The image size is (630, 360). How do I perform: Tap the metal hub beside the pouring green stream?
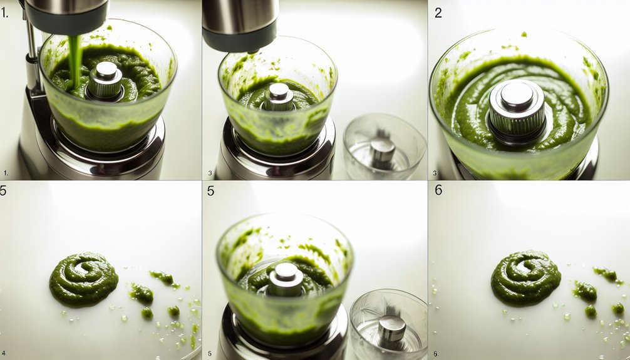[106, 81]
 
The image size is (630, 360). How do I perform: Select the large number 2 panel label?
[438, 13]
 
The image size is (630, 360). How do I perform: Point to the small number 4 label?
[4, 354]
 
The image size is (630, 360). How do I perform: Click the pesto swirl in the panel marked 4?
[83, 279]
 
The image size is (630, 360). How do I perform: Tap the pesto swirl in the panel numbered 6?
[525, 277]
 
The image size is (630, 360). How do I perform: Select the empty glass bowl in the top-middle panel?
[385, 146]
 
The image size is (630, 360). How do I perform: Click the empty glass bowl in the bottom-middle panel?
[388, 324]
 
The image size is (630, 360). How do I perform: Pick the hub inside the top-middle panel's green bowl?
[279, 96]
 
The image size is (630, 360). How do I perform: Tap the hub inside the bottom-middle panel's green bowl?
[286, 279]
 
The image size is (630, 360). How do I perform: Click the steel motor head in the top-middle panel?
[240, 25]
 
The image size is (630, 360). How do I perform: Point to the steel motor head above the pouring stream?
[67, 17]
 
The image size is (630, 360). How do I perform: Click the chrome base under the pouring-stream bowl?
[96, 155]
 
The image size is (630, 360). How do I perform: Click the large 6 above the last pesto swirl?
[438, 190]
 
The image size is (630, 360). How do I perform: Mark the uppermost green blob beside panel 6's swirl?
[606, 274]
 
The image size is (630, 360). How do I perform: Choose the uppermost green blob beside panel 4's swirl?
[163, 277]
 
